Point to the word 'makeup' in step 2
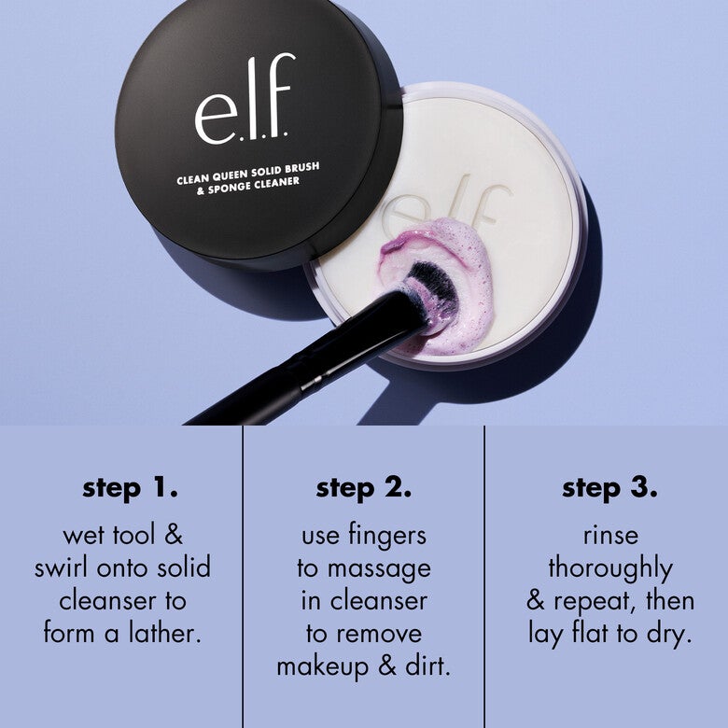point(324,665)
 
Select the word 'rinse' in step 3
point(609,535)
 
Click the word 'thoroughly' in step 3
point(609,568)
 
